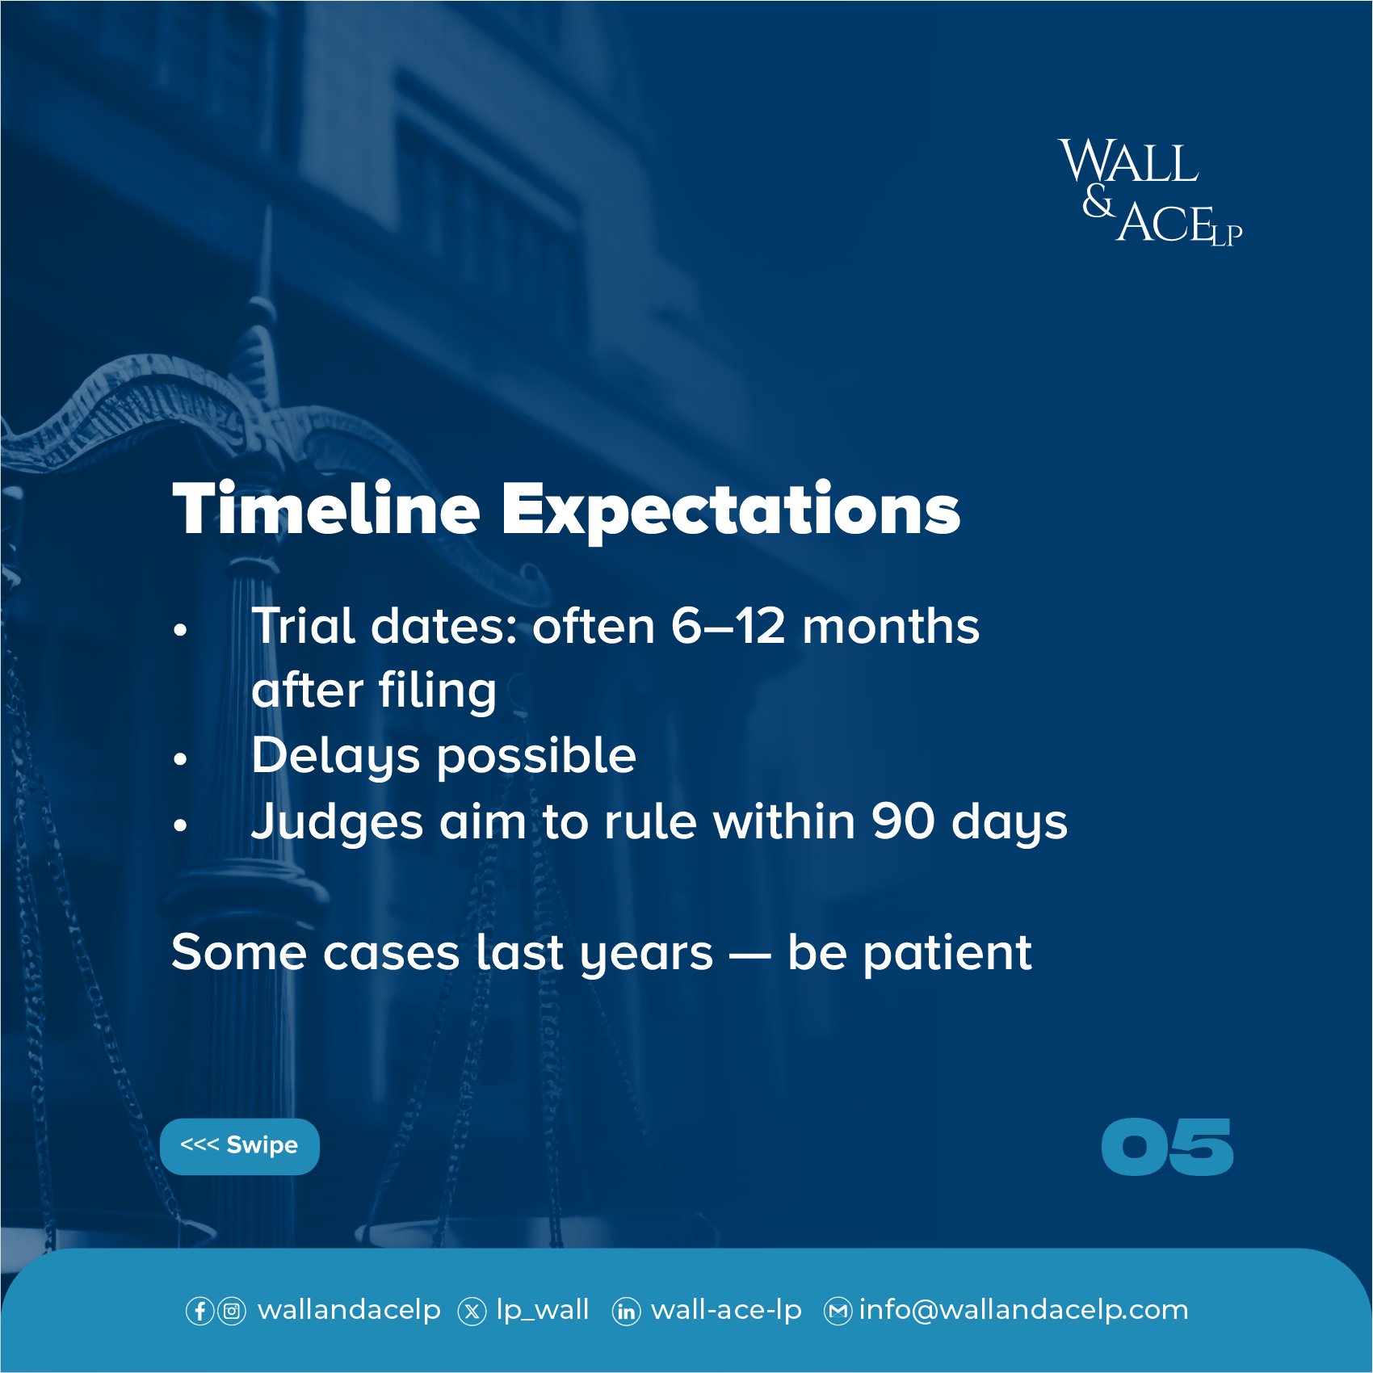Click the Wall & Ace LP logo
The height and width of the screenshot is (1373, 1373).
tap(1151, 191)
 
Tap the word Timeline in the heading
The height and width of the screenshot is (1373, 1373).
tap(326, 509)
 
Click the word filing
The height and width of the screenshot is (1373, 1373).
tap(437, 692)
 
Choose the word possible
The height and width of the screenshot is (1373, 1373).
tap(537, 758)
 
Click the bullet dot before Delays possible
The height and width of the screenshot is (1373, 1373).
tap(180, 759)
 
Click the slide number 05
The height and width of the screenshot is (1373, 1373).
tap(1167, 1147)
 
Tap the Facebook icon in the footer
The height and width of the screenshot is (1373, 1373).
tap(199, 1311)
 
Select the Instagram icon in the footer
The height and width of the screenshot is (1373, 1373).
tap(232, 1311)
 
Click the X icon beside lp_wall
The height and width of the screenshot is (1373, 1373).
tap(472, 1311)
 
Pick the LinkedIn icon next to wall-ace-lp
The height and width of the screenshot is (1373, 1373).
tap(626, 1311)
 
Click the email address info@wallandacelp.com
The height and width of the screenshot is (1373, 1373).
tap(1023, 1310)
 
